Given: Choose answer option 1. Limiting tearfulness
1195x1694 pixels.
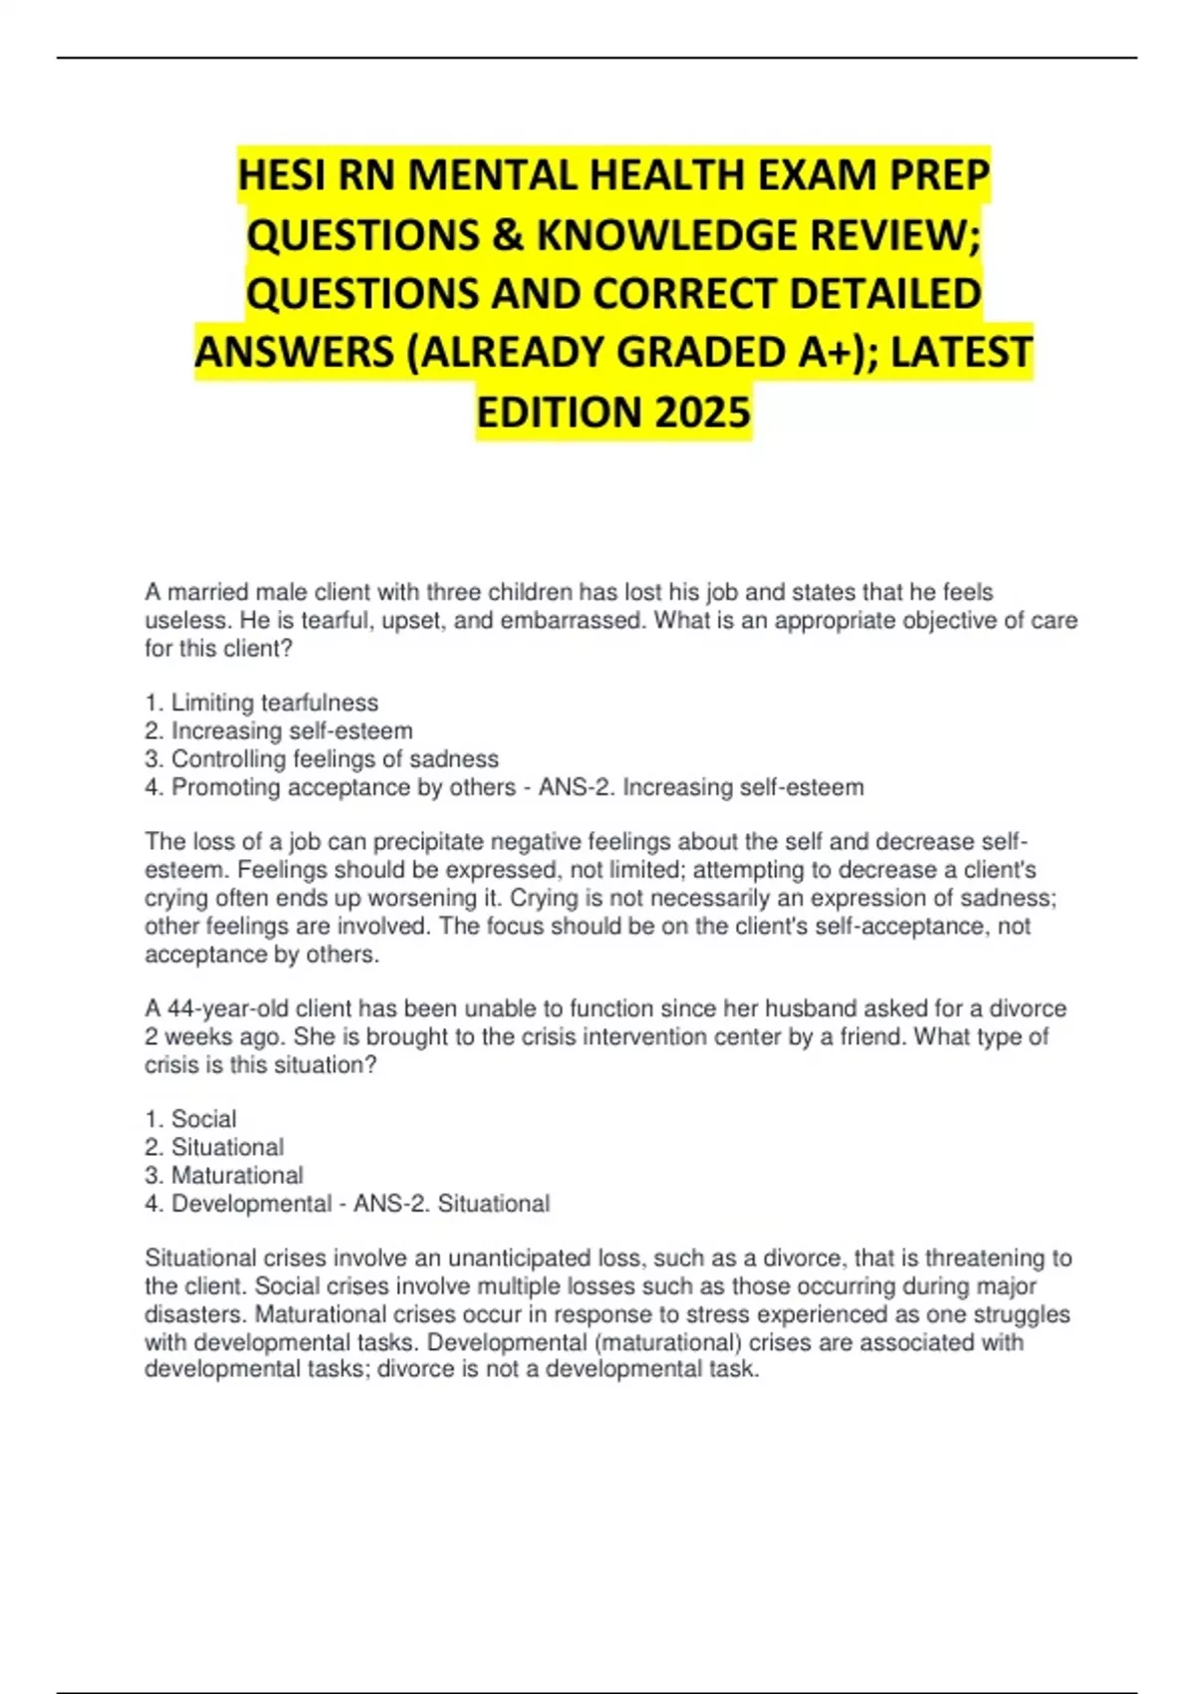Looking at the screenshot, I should tap(261, 703).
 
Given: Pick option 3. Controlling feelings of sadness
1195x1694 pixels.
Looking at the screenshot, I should tap(321, 759).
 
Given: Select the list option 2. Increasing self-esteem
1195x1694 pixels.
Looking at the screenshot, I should tap(278, 730).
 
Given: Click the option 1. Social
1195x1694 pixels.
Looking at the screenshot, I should tap(190, 1119).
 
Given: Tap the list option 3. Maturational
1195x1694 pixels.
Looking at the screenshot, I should tap(224, 1175).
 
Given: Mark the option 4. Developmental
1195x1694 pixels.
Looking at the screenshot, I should tap(238, 1204).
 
